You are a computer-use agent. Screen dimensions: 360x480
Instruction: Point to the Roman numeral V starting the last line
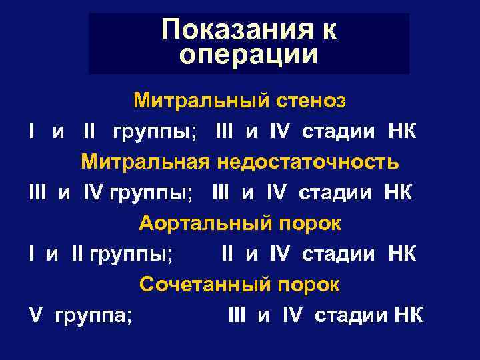click(35, 315)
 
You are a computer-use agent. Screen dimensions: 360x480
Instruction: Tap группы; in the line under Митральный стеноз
click(153, 131)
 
